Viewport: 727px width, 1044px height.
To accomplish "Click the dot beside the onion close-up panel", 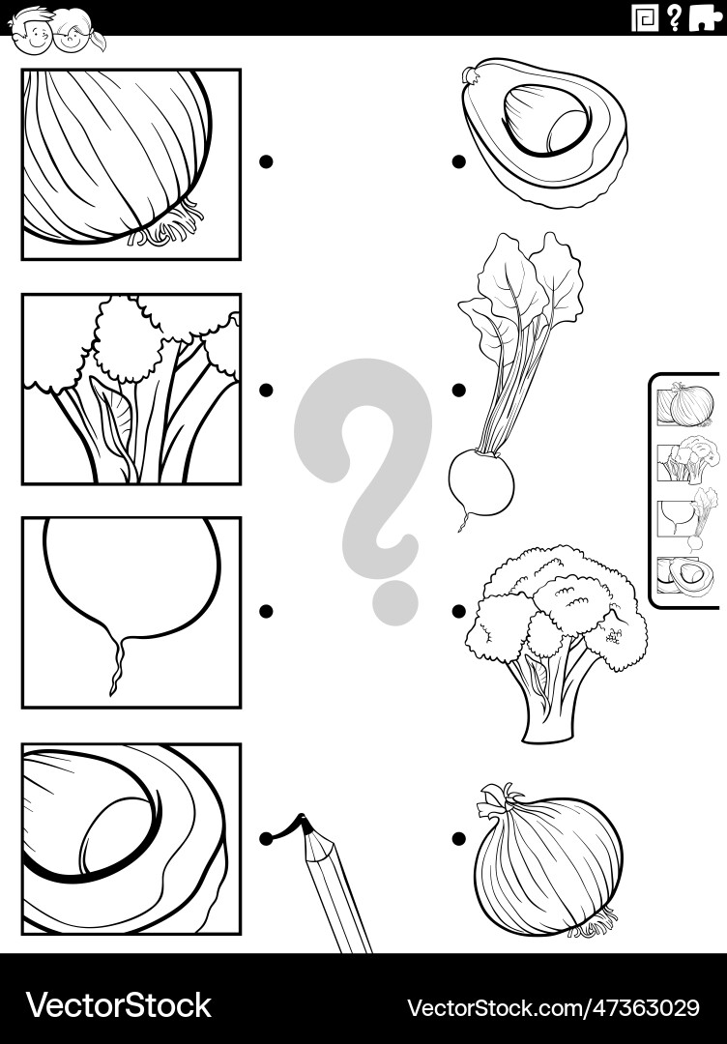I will pos(266,162).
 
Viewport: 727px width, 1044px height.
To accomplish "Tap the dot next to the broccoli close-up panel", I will pos(266,390).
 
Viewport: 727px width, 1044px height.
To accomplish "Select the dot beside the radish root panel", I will pos(266,611).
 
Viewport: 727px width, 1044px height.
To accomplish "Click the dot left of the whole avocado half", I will pos(458,162).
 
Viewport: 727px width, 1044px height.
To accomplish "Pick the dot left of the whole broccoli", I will pos(458,611).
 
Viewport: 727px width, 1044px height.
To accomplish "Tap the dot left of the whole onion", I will pos(458,838).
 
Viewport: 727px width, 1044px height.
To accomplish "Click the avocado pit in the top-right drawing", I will pos(547,120).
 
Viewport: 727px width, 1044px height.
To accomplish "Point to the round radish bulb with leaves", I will pos(481,480).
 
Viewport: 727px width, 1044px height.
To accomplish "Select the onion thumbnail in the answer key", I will pos(687,404).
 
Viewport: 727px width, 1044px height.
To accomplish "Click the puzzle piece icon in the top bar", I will pos(706,17).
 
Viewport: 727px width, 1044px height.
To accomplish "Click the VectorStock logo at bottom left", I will pos(118,1005).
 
